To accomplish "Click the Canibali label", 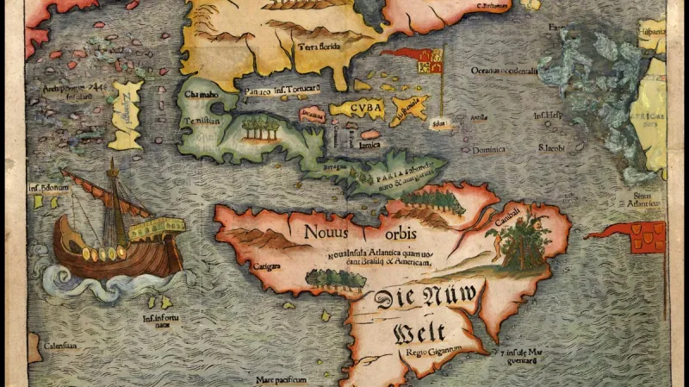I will [x=506, y=222].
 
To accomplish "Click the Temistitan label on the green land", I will [x=200, y=122].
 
